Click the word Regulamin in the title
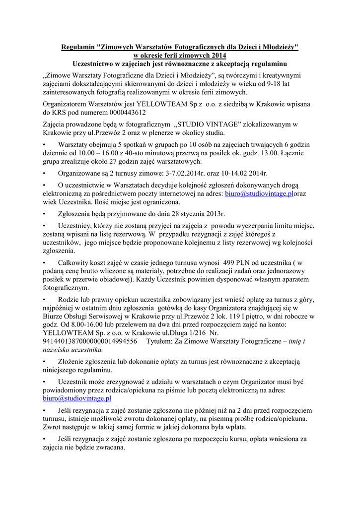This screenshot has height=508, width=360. (x=78, y=47)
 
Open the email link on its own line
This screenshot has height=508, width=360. (x=76, y=398)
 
